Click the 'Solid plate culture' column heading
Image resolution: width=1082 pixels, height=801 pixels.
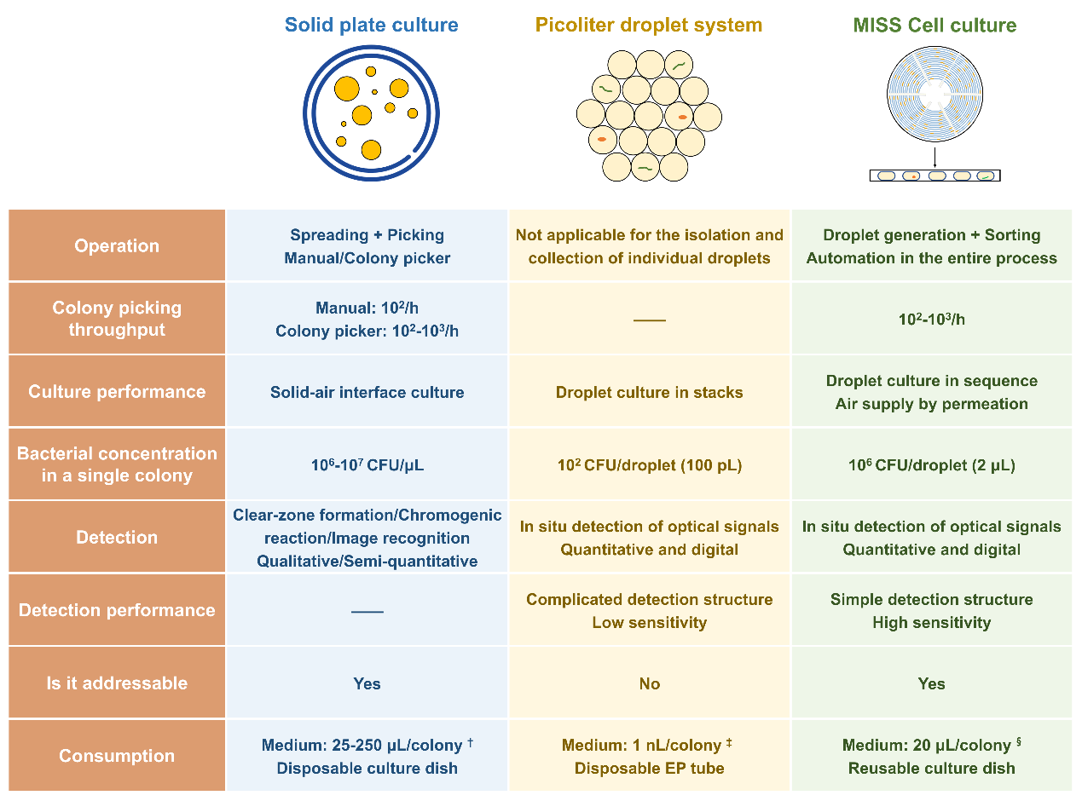tap(372, 25)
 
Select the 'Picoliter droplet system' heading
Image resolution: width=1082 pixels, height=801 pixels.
tap(649, 25)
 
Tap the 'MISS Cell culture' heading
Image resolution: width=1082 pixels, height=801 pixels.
tap(934, 25)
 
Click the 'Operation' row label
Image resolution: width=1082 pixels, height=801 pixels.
tap(117, 246)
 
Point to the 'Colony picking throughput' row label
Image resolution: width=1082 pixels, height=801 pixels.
tap(117, 319)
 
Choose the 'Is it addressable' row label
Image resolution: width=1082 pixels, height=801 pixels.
tap(117, 683)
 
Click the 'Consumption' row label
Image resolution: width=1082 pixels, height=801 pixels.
tap(117, 756)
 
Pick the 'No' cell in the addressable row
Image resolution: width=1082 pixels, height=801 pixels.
tap(650, 683)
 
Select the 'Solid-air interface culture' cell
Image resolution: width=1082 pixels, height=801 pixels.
tap(367, 393)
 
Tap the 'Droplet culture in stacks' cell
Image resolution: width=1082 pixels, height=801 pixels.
tap(650, 393)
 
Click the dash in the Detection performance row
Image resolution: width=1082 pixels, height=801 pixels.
tap(367, 611)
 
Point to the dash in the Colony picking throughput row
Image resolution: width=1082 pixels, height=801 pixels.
tap(650, 320)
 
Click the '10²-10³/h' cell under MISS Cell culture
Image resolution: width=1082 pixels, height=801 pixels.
tap(932, 320)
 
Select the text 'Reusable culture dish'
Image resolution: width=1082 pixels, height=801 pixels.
tap(932, 769)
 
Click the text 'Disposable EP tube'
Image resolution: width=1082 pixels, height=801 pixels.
tap(650, 769)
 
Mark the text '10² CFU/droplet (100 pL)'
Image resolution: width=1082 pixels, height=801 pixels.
tap(650, 465)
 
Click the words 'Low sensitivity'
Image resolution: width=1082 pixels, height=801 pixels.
tap(650, 623)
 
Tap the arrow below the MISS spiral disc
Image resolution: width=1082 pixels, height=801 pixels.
tap(935, 158)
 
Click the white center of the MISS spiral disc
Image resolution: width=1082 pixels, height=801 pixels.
tap(935, 94)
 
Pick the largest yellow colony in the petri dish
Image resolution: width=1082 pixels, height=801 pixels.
tap(347, 89)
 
